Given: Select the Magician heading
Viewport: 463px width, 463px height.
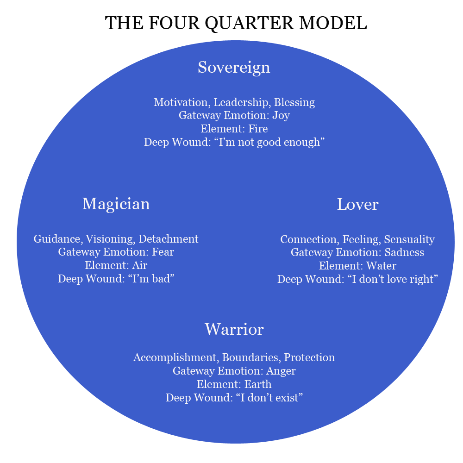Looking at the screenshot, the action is pyautogui.click(x=116, y=204).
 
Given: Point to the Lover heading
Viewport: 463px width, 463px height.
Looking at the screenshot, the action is pyautogui.click(x=357, y=204).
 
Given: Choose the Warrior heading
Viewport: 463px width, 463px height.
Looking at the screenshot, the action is pyautogui.click(x=234, y=329).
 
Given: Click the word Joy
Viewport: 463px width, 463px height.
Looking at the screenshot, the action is pyautogui.click(x=281, y=115).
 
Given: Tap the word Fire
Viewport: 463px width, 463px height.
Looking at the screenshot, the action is pyautogui.click(x=258, y=129).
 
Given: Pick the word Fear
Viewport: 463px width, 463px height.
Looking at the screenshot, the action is pyautogui.click(x=163, y=252).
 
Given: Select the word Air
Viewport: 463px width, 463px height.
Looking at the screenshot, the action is pyautogui.click(x=139, y=265).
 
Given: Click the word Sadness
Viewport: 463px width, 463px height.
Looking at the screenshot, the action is pyautogui.click(x=404, y=252).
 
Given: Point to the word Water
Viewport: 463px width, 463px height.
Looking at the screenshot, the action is pyautogui.click(x=381, y=266).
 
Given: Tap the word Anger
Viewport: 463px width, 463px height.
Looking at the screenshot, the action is pyautogui.click(x=281, y=371).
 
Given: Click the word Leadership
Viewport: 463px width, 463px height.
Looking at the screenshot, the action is pyautogui.click(x=241, y=103).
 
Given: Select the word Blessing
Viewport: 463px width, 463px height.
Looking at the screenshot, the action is pyautogui.click(x=294, y=103).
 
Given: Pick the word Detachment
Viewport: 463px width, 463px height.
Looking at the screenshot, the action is pyautogui.click(x=169, y=239).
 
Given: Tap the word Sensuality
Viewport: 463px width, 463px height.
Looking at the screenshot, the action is pyautogui.click(x=409, y=240).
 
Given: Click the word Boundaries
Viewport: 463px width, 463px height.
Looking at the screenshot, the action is pyautogui.click(x=250, y=357).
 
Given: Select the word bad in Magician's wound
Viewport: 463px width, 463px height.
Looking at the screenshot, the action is pyautogui.click(x=161, y=279).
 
